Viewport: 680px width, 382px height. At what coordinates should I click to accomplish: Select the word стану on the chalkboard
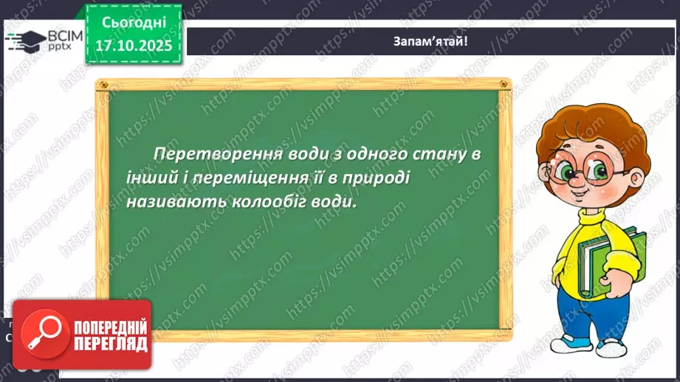point(432,153)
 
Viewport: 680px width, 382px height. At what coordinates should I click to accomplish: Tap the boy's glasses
point(591,171)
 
